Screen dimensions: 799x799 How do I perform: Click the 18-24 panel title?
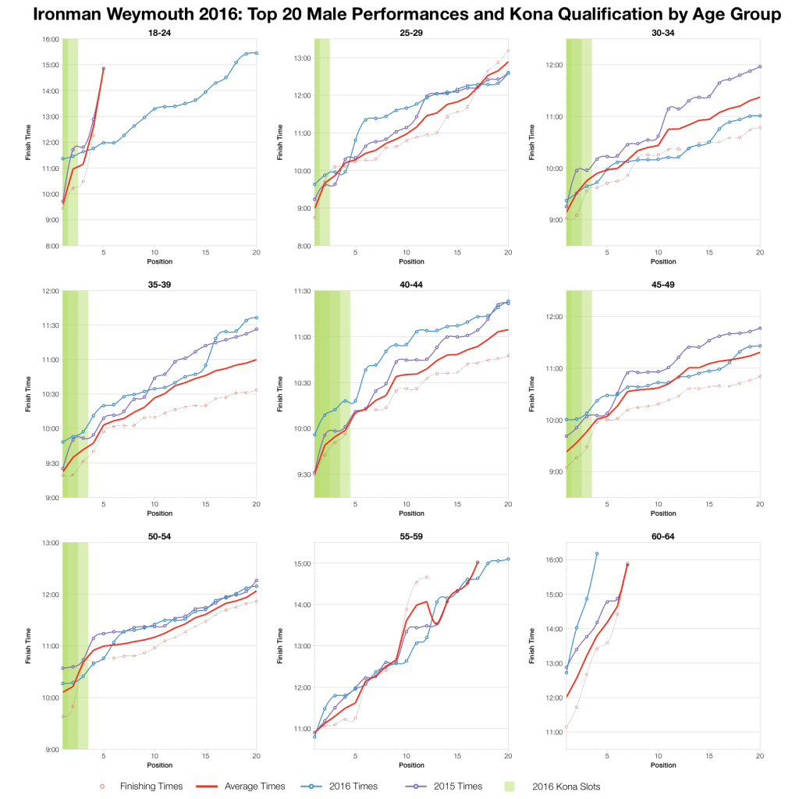click(159, 32)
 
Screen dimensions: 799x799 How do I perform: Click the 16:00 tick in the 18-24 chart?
click(51, 39)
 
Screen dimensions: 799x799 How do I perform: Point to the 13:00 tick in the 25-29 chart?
click(302, 58)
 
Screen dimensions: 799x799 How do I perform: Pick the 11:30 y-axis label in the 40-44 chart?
click(302, 291)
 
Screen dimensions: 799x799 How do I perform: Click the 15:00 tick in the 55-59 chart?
click(302, 563)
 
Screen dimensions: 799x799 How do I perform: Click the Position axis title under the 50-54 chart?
click(159, 765)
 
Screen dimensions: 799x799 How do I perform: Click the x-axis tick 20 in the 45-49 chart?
click(759, 504)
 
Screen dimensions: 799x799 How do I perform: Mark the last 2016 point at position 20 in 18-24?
click(256, 53)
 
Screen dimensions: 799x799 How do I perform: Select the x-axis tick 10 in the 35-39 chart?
click(155, 504)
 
